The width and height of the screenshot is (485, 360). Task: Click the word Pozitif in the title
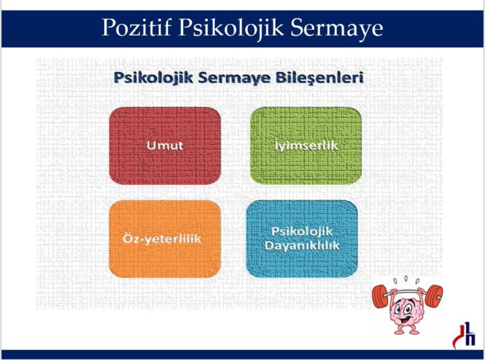point(136,27)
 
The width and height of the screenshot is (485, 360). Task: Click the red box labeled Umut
point(165,146)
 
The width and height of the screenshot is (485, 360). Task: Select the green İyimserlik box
point(306,146)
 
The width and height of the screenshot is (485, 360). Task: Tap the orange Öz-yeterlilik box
point(165,239)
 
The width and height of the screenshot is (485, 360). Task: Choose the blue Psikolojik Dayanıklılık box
point(302,239)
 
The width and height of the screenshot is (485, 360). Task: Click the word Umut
point(165,145)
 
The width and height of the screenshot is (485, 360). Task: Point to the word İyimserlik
point(306,145)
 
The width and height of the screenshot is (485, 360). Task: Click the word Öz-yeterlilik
point(162,239)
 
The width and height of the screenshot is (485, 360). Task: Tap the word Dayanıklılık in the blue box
point(302,246)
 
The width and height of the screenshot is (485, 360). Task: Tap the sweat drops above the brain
point(406,280)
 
